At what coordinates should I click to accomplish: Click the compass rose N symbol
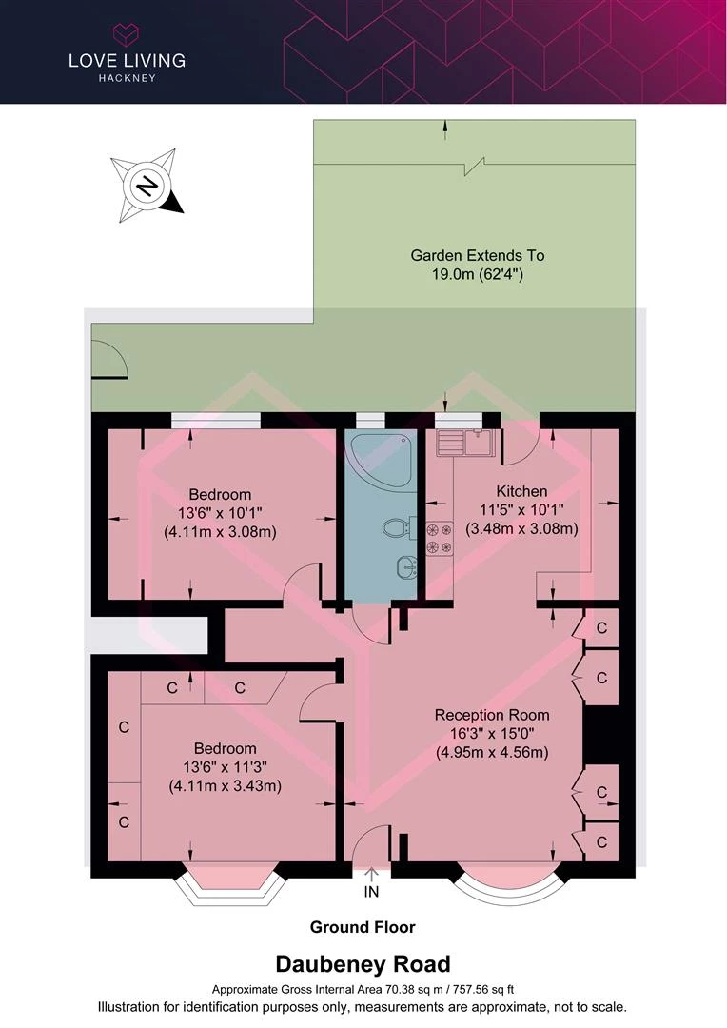(x=147, y=186)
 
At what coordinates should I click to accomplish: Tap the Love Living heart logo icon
(x=128, y=33)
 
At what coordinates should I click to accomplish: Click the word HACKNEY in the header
(x=128, y=78)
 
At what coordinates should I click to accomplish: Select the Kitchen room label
(x=521, y=491)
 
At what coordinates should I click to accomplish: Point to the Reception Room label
(x=492, y=715)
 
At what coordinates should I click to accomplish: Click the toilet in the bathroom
(x=398, y=527)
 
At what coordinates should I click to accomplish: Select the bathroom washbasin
(x=406, y=567)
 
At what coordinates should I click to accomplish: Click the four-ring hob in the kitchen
(x=440, y=538)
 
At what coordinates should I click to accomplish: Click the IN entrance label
(x=372, y=892)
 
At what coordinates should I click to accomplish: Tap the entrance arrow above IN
(x=372, y=875)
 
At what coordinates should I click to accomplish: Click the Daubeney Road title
(x=363, y=963)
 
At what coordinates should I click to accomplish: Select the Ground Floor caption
(x=363, y=927)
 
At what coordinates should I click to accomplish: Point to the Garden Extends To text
(x=478, y=255)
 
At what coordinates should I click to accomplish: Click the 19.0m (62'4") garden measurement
(x=478, y=274)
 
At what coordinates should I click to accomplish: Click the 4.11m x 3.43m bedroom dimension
(x=226, y=784)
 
